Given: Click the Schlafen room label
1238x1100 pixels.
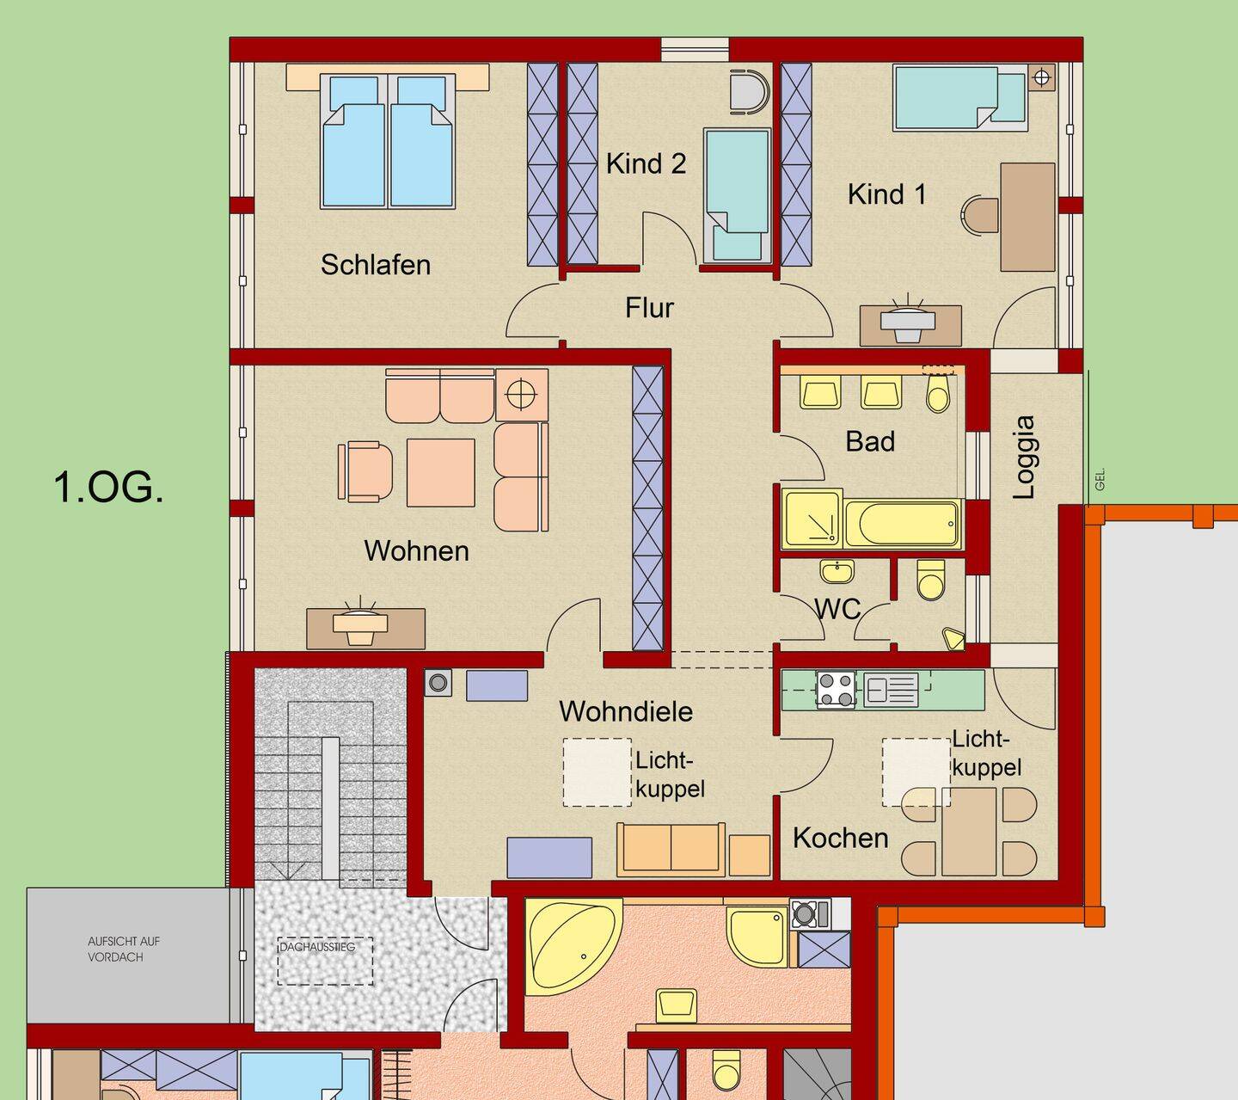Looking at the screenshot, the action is [x=376, y=266].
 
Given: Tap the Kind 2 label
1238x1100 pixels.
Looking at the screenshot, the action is [x=646, y=164].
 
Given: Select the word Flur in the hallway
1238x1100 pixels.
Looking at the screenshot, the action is [x=649, y=308].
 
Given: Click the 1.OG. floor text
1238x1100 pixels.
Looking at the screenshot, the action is [x=109, y=488].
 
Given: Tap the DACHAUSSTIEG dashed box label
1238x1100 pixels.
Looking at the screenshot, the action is [x=317, y=947].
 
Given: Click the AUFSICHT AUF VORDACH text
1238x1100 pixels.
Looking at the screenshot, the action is [x=124, y=949].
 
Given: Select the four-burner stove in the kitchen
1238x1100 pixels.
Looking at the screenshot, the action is [x=836, y=689].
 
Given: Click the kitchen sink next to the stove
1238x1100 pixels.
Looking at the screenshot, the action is [x=892, y=689].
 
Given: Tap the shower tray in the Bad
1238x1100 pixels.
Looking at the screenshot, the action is [x=812, y=519].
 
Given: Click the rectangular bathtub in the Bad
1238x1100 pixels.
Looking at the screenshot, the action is [x=903, y=524].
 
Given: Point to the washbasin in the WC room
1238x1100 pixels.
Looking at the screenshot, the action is [x=837, y=572].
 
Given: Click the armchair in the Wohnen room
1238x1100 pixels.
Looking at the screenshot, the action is [x=365, y=471].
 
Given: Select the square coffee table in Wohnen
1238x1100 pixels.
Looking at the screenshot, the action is [x=440, y=473].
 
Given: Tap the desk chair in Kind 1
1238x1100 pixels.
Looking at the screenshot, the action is [x=979, y=215].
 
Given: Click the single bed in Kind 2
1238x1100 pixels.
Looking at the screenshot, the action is [x=737, y=195].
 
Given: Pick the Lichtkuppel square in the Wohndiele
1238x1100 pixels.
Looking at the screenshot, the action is [x=597, y=772].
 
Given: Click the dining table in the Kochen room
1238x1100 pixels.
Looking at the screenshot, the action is [x=969, y=832].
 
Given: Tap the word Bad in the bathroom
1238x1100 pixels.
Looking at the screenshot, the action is [x=870, y=441].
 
